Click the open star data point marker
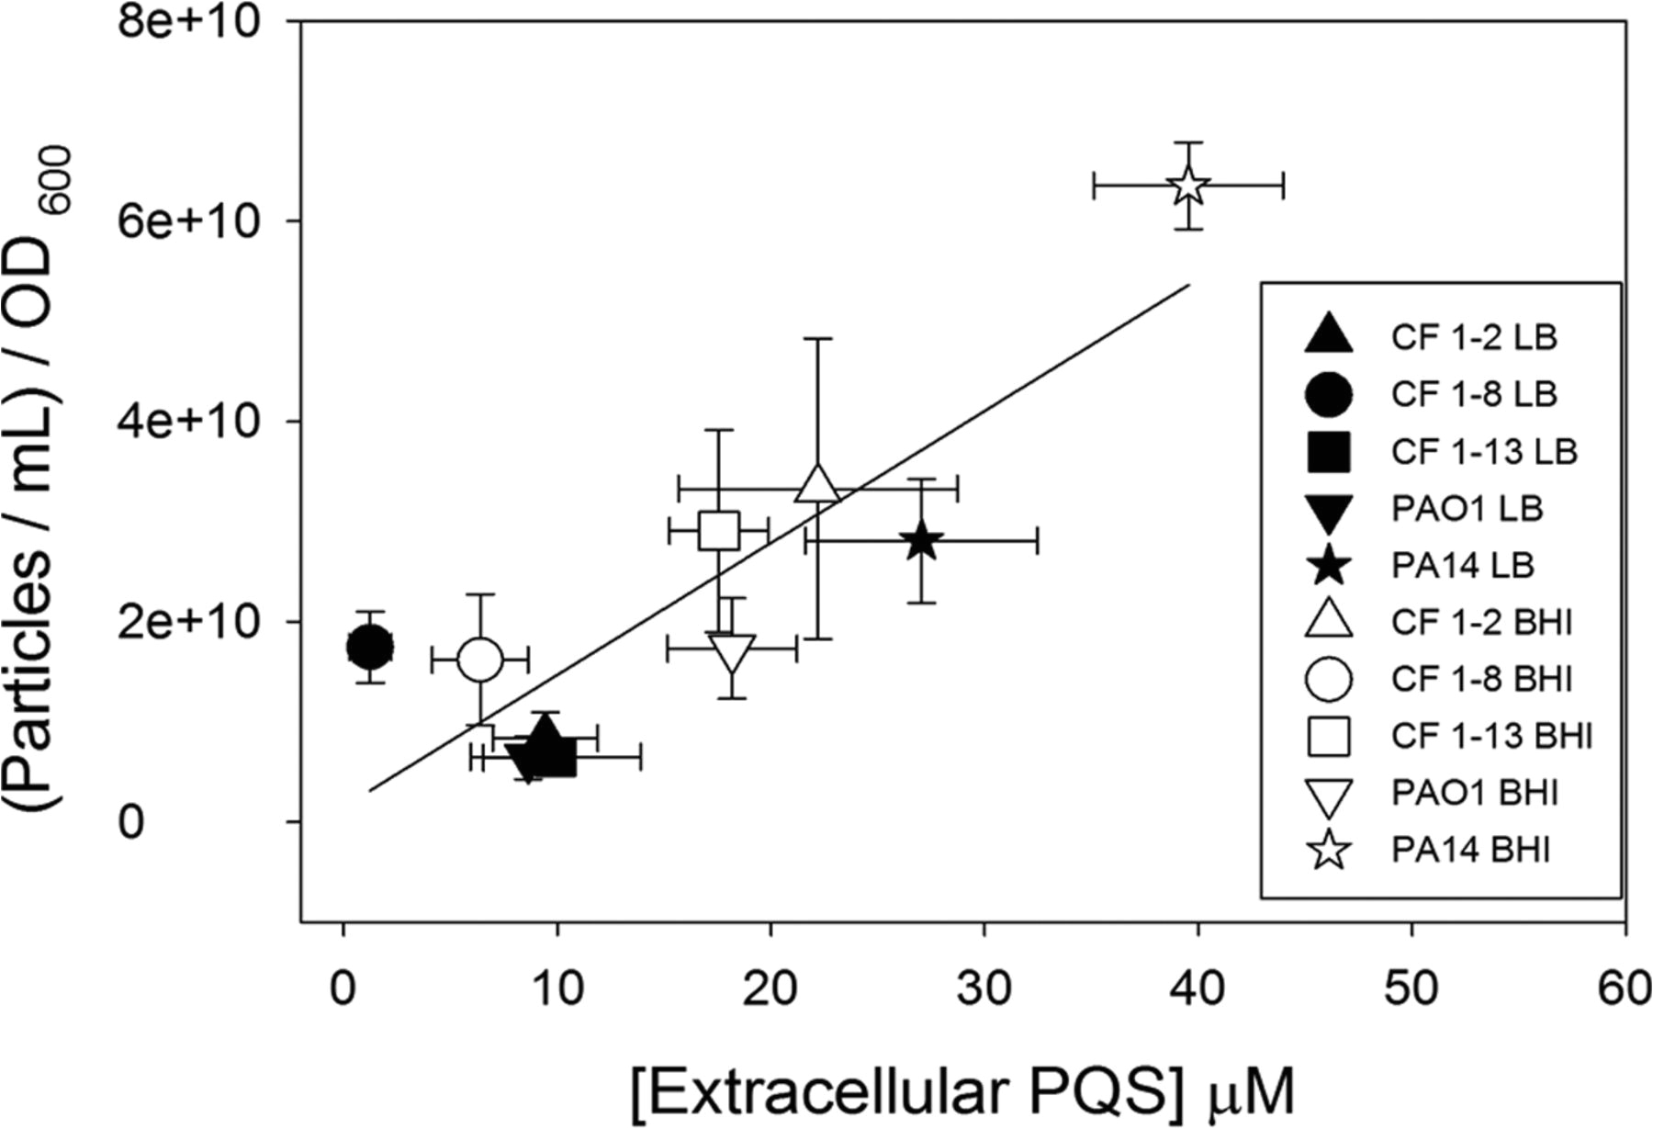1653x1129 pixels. (1188, 186)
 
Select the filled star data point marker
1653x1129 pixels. (922, 541)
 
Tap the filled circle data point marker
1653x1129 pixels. (370, 648)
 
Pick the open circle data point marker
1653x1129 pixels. (479, 660)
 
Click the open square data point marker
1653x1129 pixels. (719, 530)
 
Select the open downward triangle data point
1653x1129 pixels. (732, 653)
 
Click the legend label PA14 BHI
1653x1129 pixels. (1470, 850)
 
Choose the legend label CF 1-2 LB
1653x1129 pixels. (1474, 337)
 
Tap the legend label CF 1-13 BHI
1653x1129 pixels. (1491, 736)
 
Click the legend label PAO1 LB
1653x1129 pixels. (1467, 508)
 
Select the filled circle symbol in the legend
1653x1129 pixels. (1328, 394)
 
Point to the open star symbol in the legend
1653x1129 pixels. (1329, 850)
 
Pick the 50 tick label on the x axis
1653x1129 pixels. (1411, 989)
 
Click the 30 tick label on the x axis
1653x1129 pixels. (984, 989)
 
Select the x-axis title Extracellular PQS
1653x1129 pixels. (962, 1092)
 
